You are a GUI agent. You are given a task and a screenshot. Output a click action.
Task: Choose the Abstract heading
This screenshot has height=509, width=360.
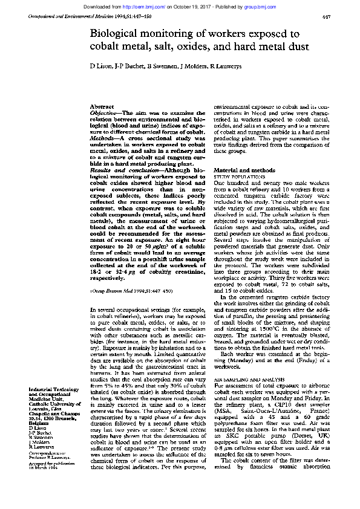click(x=100, y=107)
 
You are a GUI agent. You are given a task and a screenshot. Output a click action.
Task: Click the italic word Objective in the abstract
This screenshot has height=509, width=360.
click(x=103, y=113)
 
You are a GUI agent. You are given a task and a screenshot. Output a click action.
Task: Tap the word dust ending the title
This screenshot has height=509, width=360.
click(x=296, y=47)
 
